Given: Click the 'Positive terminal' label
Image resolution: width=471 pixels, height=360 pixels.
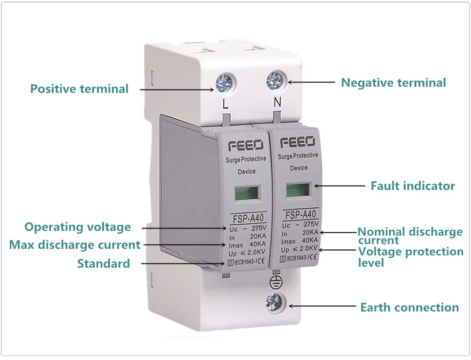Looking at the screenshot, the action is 79,89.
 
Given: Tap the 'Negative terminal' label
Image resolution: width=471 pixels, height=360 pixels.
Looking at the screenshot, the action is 393,83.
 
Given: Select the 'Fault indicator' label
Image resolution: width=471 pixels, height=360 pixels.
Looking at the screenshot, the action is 413,186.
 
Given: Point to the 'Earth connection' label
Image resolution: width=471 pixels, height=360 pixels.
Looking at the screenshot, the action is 409,308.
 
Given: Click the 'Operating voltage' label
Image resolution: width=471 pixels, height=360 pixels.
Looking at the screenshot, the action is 78,227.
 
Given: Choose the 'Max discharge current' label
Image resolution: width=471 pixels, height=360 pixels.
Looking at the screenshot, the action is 75,245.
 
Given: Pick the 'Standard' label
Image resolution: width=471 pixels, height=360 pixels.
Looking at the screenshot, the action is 104,263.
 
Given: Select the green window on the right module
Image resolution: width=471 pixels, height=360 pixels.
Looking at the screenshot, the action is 298,190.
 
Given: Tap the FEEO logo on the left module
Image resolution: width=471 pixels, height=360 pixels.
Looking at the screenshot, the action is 243,145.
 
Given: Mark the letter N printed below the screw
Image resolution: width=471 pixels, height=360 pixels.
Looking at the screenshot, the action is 277,101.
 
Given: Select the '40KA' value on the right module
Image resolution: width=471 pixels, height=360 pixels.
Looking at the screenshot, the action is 309,240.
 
